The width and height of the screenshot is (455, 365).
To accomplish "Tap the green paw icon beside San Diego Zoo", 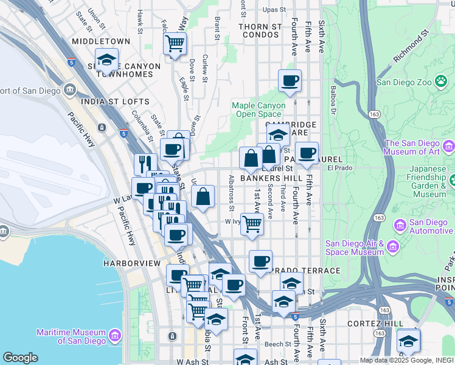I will point(440,82).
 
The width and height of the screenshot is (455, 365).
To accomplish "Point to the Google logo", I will point(20,358).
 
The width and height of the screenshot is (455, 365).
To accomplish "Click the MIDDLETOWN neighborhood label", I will point(101,41).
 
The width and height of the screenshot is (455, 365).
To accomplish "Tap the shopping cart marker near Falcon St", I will point(175,44).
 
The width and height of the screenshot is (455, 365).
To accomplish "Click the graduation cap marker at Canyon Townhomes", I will point(106,60).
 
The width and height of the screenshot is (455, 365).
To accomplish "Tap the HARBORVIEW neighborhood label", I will point(131,263).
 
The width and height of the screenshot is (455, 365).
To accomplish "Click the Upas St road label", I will point(274,10).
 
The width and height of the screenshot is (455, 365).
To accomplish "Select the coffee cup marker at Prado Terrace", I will point(260,262).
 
